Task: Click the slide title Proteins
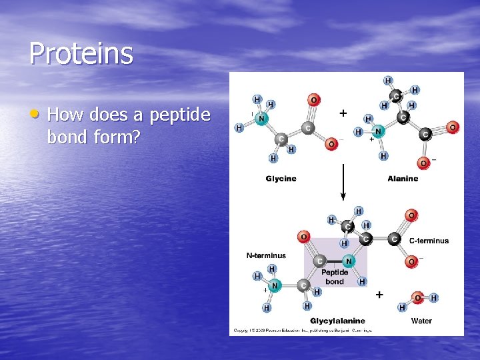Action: (81, 54)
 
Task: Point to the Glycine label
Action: (281, 178)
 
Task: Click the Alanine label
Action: (403, 178)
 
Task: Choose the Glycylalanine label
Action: (337, 321)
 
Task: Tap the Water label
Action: (421, 321)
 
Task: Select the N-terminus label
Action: (266, 255)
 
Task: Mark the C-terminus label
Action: (429, 241)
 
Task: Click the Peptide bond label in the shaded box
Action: (335, 277)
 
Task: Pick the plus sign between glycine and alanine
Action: (343, 113)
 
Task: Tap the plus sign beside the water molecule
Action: (379, 294)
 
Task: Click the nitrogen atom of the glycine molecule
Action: (262, 119)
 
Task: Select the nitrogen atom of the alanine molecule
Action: (378, 131)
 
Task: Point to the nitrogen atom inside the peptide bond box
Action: (348, 261)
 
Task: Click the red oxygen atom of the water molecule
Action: (417, 298)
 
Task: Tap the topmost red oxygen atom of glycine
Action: (313, 100)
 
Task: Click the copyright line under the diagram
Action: (302, 330)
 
